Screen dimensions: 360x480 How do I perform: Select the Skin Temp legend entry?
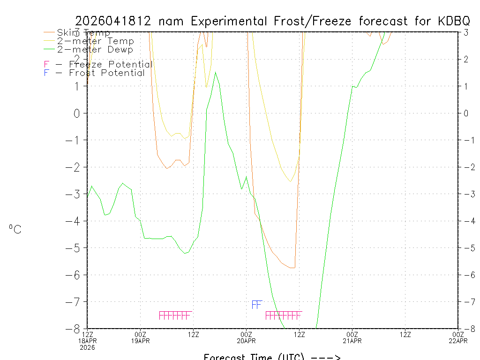pos(83,33)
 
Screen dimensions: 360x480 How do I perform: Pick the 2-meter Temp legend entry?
pos(95,41)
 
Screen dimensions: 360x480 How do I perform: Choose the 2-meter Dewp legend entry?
pos(95,50)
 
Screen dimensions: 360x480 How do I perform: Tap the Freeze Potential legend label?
pos(110,65)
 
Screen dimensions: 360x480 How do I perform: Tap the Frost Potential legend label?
pos(107,73)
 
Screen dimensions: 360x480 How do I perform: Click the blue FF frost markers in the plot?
pos(256,305)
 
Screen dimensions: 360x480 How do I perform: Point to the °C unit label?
pos(15,230)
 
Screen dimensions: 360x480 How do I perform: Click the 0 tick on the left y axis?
pos(78,113)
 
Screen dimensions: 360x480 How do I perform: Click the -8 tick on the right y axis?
pos(465,329)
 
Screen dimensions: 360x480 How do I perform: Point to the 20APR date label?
pos(247,341)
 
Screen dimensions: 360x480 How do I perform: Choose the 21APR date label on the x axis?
pos(352,341)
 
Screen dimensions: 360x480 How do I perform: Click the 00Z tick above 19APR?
pos(141,334)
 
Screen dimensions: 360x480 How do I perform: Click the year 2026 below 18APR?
pos(87,347)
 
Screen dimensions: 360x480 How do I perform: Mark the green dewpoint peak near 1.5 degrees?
pos(215,73)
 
